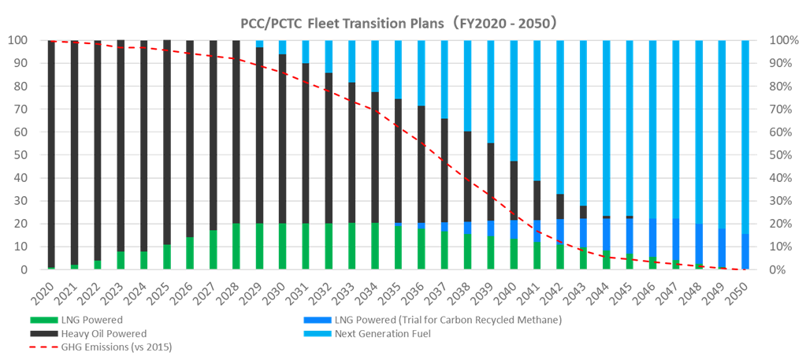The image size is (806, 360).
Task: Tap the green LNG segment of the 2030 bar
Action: click(283, 247)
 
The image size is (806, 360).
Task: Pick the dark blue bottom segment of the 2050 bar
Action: click(745, 252)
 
